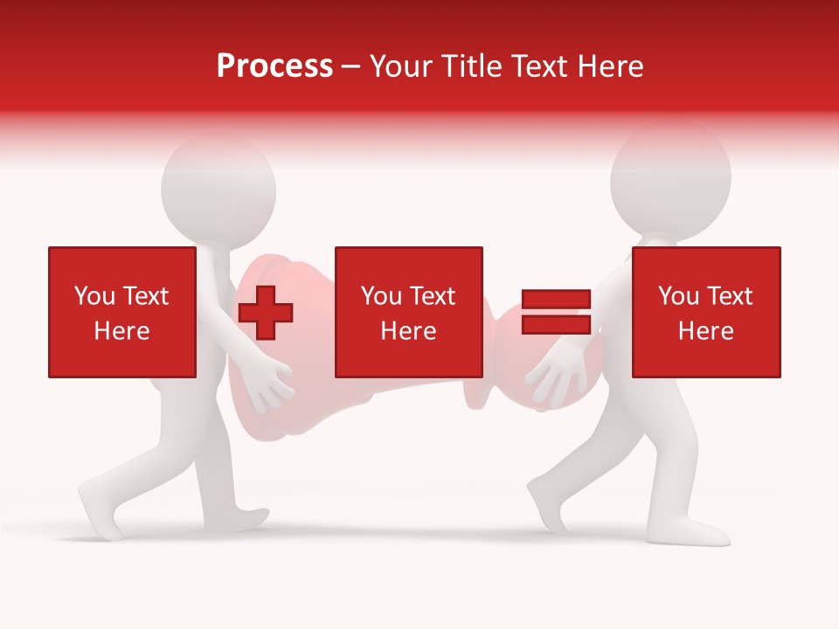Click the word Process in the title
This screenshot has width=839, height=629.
(274, 66)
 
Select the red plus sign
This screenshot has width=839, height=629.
(266, 312)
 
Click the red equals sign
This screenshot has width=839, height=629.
(556, 312)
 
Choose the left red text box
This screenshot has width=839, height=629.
(121, 312)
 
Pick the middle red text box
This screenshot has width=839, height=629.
(408, 312)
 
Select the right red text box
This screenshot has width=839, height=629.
(705, 312)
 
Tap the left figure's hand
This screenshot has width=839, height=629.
(270, 385)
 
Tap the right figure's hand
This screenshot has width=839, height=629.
(551, 380)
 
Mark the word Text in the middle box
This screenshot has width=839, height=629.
(434, 296)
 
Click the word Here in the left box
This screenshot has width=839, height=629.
(121, 331)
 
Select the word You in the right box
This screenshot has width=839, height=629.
(678, 296)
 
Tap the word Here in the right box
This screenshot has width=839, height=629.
(705, 331)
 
